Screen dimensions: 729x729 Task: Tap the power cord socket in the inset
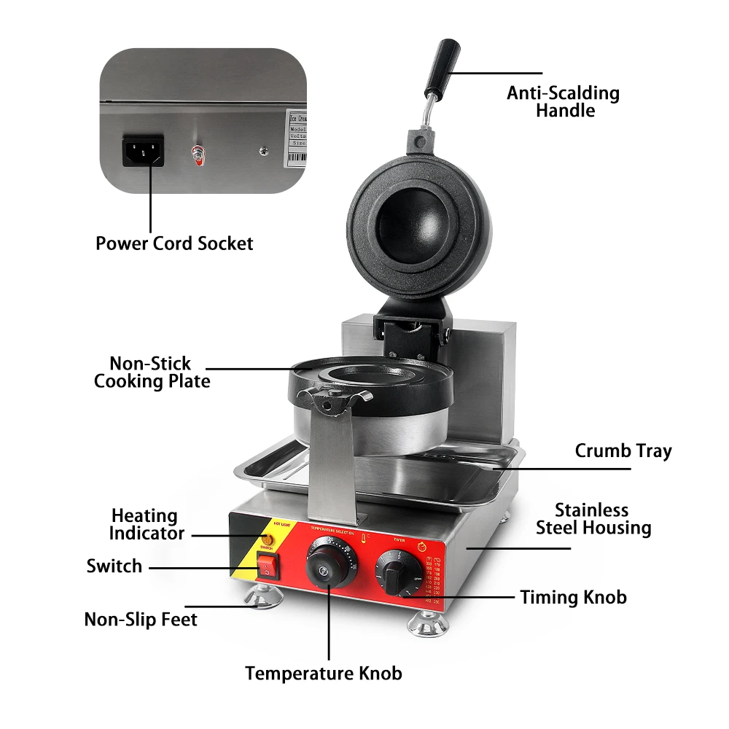pyautogui.click(x=143, y=150)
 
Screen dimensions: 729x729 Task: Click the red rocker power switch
pyautogui.click(x=268, y=566)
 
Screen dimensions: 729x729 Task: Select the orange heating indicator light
pyautogui.click(x=268, y=540)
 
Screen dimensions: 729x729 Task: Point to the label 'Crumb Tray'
pyautogui.click(x=623, y=451)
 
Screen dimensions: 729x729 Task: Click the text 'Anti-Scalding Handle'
pyautogui.click(x=564, y=101)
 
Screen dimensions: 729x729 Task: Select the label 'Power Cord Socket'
pyautogui.click(x=174, y=243)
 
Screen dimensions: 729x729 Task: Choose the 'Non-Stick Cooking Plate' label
pyautogui.click(x=152, y=372)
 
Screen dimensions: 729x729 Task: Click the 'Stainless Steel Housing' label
pyautogui.click(x=593, y=518)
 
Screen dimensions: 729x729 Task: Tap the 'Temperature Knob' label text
pyautogui.click(x=323, y=673)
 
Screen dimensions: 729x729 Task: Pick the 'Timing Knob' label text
pyautogui.click(x=573, y=597)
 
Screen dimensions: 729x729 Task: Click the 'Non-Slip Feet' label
pyautogui.click(x=141, y=620)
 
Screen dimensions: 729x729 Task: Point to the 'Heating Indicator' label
pyautogui.click(x=146, y=524)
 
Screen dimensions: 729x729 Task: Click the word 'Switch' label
pyautogui.click(x=114, y=566)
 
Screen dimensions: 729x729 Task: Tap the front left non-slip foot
pyautogui.click(x=263, y=596)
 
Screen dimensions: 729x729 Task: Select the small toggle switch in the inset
pyautogui.click(x=195, y=153)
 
